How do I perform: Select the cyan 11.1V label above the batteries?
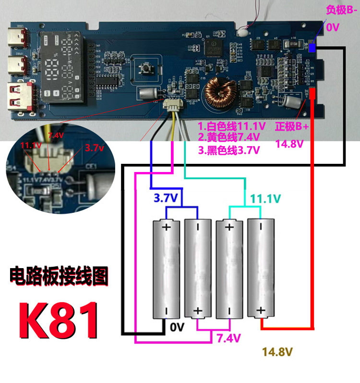[263, 198]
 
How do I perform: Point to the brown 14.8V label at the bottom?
[277, 353]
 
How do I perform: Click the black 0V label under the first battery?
[177, 328]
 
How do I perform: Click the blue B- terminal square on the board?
[312, 48]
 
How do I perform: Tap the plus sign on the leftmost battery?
[167, 227]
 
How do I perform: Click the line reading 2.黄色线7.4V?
[229, 138]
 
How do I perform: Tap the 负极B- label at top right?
[341, 10]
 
